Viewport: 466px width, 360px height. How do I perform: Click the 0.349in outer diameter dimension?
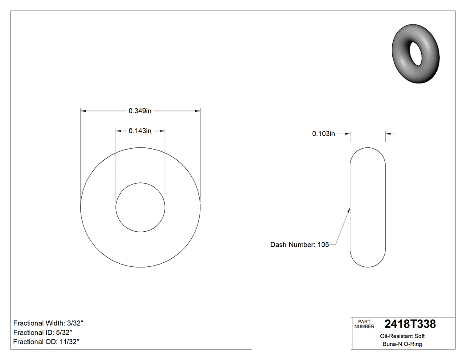tap(140, 111)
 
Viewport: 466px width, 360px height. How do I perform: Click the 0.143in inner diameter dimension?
tap(140, 131)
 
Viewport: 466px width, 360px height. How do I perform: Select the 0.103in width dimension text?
tap(324, 134)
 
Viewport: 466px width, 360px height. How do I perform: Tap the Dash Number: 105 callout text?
tap(300, 245)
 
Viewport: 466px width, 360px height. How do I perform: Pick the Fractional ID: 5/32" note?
tap(43, 332)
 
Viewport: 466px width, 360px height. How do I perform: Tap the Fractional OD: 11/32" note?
tap(46, 341)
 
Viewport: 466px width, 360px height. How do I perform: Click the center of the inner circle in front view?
tap(140, 207)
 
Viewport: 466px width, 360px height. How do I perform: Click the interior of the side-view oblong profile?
tap(368, 207)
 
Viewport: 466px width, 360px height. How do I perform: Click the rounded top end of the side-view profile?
tap(368, 149)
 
